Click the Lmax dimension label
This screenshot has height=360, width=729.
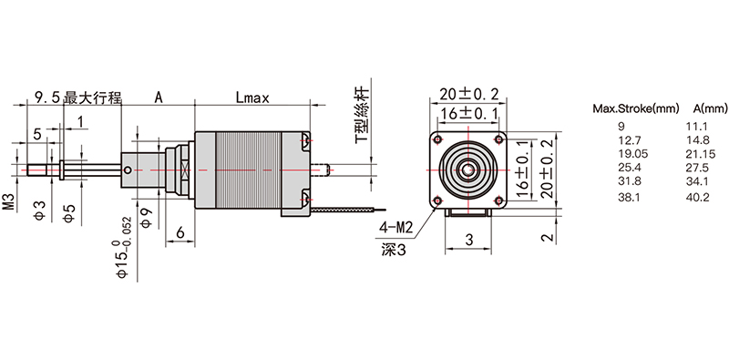coord(252,98)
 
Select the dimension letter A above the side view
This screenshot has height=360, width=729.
coord(159,98)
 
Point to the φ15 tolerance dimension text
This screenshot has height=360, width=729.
coord(125,248)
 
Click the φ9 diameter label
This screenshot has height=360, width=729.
coord(146,218)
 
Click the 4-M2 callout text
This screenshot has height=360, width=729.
coord(396,228)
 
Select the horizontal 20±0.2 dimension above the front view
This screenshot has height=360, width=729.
coord(468,95)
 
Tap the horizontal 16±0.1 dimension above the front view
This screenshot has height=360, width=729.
coord(468,113)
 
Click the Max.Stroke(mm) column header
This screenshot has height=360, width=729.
coord(635,109)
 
